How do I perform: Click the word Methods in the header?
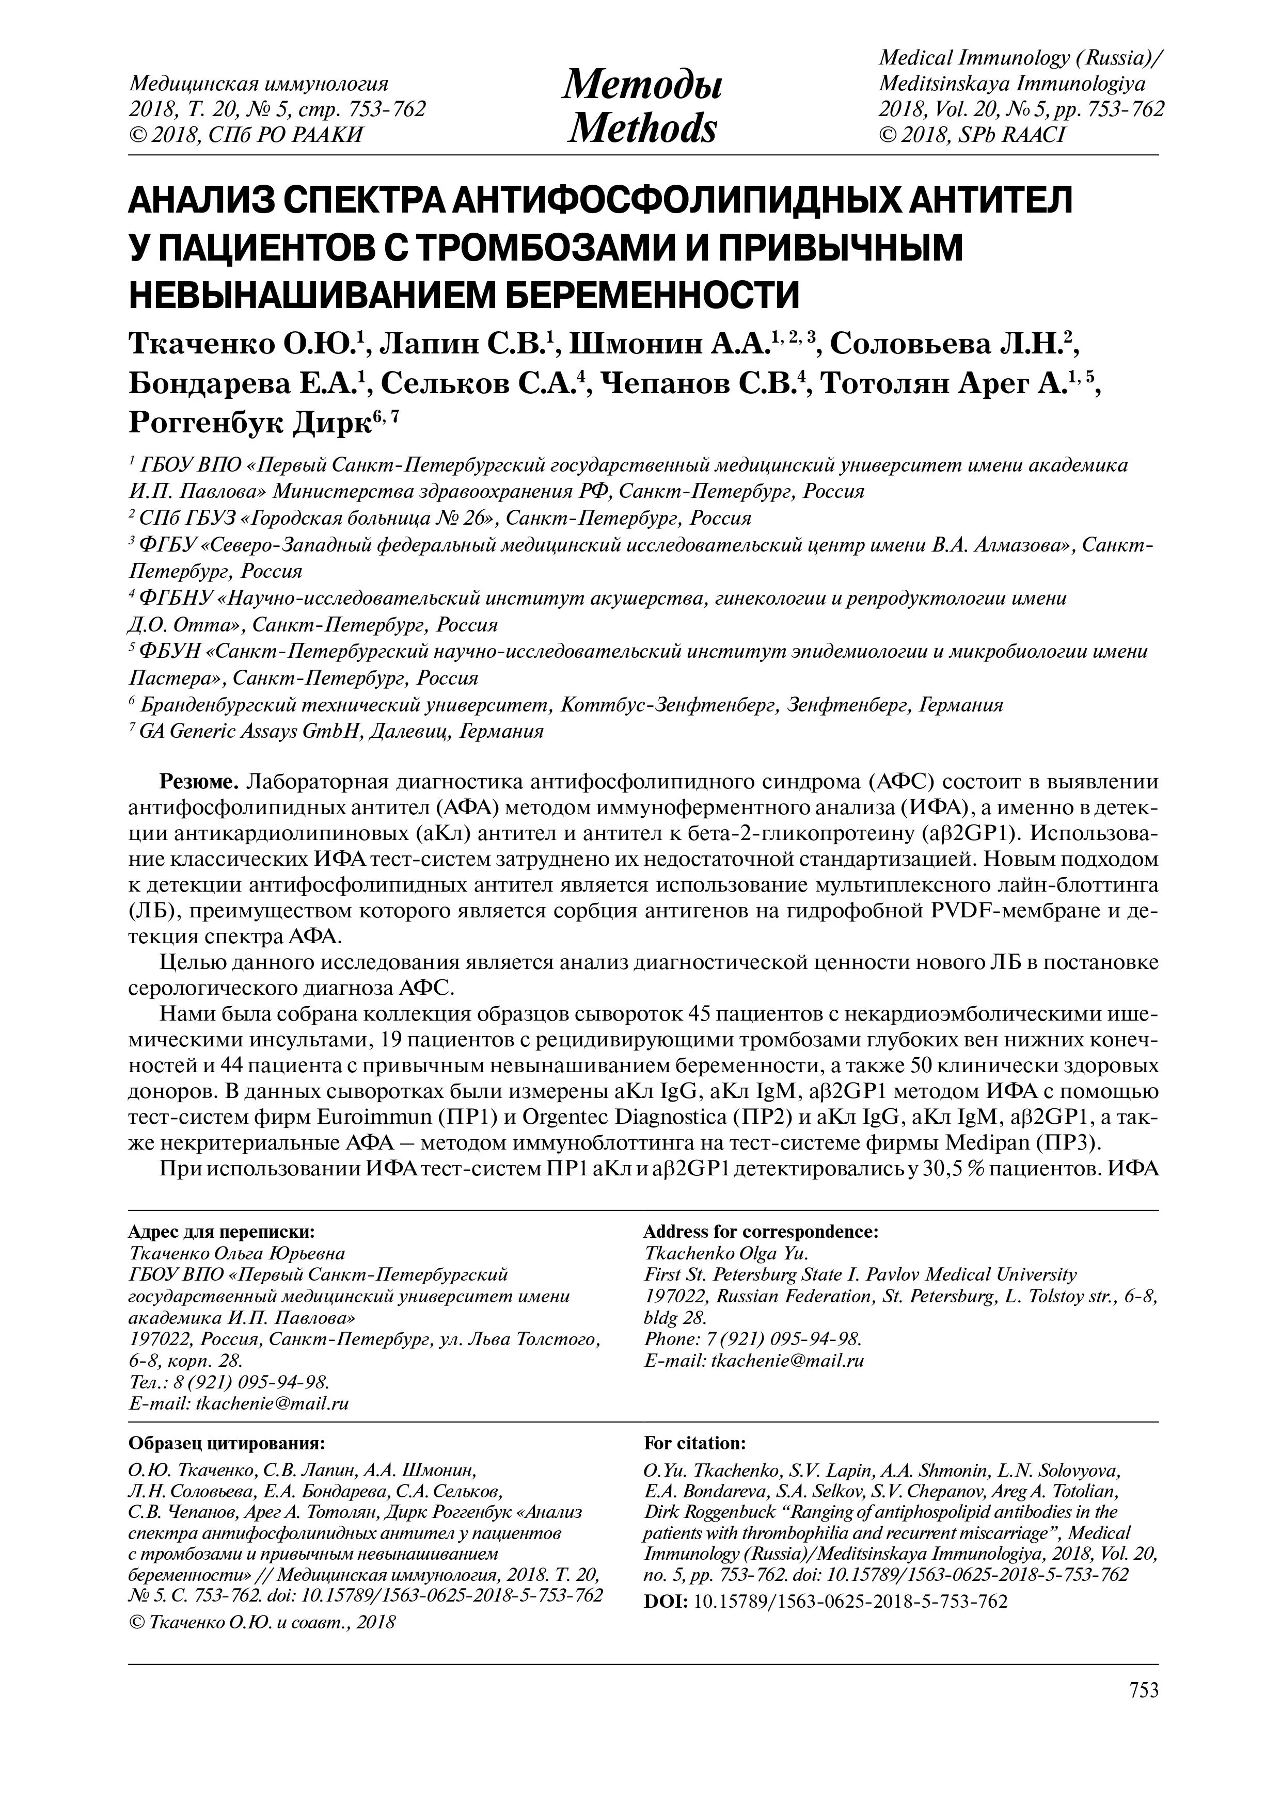pyautogui.click(x=642, y=128)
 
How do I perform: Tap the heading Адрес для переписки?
pyautogui.click(x=221, y=1232)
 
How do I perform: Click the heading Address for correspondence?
pyautogui.click(x=761, y=1232)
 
